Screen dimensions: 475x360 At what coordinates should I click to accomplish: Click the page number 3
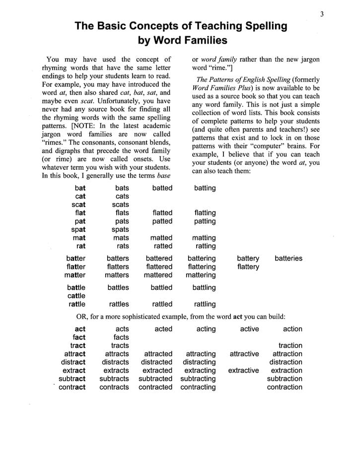[322, 14]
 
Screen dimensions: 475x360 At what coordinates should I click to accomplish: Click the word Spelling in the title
[258, 26]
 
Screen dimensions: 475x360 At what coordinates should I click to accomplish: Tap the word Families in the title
[197, 41]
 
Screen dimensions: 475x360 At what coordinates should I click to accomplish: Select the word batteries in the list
[288, 258]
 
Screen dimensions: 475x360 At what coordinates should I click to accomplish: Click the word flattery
[248, 267]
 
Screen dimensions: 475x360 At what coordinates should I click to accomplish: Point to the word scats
[120, 204]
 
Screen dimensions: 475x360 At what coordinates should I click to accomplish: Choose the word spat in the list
[78, 229]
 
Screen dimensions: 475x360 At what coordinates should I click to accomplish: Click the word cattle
[76, 296]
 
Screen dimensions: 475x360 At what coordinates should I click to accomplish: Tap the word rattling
[205, 304]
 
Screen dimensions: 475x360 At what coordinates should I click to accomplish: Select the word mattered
[158, 275]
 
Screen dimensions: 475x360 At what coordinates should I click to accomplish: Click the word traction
[290, 345]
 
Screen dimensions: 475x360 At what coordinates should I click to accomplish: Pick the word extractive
[243, 370]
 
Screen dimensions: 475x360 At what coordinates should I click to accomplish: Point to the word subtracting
[198, 379]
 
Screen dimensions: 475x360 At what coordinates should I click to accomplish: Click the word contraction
[284, 387]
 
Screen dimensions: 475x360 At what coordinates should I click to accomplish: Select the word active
[249, 329]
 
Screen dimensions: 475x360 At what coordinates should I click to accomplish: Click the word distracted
[156, 362]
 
